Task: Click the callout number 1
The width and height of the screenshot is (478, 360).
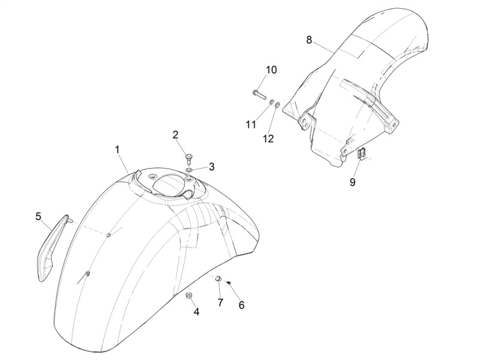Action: point(117,150)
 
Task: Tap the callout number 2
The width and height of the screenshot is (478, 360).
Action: point(175,135)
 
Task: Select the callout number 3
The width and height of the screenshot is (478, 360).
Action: point(212,166)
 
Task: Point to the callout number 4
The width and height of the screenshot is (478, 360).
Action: point(197,312)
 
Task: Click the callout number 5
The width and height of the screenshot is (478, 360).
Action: point(38,216)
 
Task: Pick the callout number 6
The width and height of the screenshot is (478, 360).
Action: point(241,306)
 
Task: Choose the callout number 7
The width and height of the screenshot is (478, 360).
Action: point(220,303)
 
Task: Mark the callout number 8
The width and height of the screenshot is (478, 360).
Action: point(309,40)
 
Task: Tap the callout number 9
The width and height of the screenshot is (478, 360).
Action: point(353,182)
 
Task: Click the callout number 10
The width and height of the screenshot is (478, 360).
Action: point(271,70)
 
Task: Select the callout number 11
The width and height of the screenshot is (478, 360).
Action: point(251,124)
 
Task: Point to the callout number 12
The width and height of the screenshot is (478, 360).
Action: point(268,139)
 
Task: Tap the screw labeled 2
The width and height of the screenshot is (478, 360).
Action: point(189,158)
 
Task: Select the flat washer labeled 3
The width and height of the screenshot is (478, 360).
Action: point(189,169)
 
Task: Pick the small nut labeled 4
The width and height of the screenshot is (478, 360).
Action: point(189,295)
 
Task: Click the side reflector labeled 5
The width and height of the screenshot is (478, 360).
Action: point(53,248)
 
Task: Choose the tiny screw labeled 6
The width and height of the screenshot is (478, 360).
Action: point(229,283)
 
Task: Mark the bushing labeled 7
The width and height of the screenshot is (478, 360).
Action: point(219,278)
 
